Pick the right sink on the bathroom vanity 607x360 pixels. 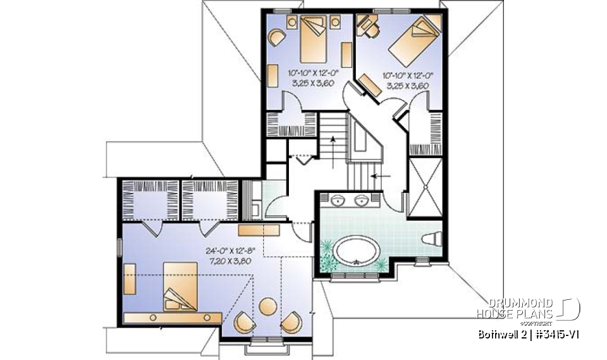click(x=362, y=201)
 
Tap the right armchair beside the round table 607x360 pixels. click(x=290, y=321)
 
